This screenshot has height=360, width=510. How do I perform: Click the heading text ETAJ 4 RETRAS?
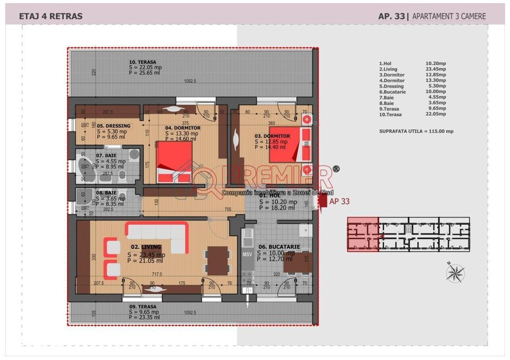coord(50,16)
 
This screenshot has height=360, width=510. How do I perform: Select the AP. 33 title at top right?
coord(391,16)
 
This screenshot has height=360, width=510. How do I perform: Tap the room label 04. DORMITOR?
coord(183,128)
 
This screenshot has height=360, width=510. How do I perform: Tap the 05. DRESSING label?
coord(114,125)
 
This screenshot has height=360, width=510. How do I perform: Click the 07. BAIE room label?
coord(107,155)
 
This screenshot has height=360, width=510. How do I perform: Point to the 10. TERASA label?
coord(143,62)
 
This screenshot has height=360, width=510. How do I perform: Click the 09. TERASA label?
coord(143,306)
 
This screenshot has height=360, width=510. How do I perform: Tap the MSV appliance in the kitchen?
coord(247,254)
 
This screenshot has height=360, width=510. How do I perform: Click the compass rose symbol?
coord(454,273)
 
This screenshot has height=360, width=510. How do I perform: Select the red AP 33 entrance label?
coord(339,201)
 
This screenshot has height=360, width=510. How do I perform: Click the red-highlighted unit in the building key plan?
coord(363,234)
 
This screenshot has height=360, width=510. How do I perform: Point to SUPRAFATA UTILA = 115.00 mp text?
coord(416,131)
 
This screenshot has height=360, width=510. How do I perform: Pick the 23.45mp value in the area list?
coord(436,69)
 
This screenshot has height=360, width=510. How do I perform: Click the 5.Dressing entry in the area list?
coord(392,86)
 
